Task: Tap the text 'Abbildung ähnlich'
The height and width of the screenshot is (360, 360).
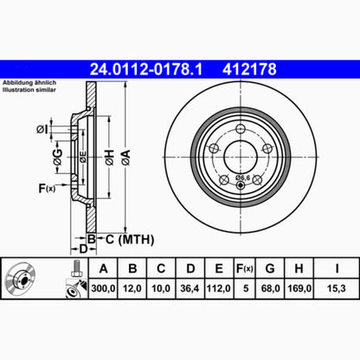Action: [x=29, y=82]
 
